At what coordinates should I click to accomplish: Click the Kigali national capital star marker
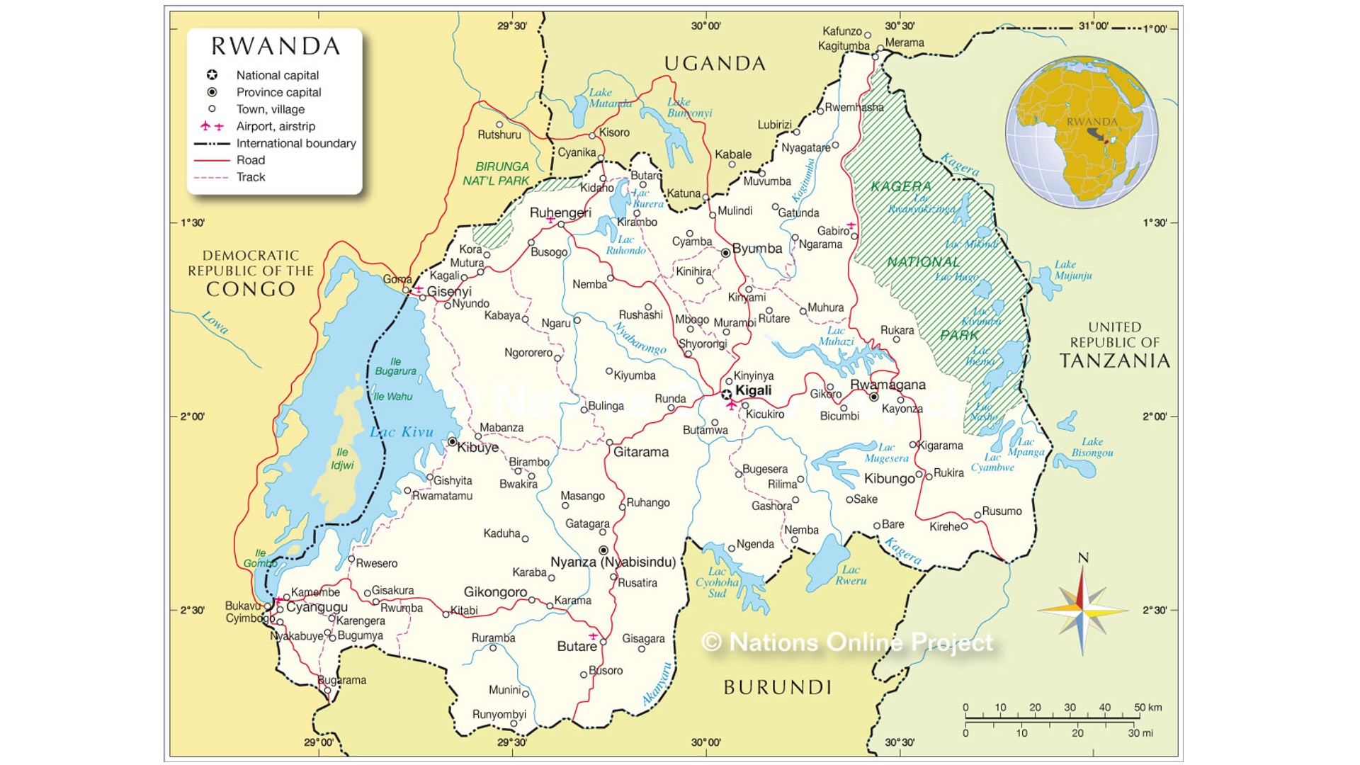pyautogui.click(x=726, y=395)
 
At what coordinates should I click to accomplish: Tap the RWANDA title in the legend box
pyautogui.click(x=276, y=47)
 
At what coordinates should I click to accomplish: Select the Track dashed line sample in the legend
pyautogui.click(x=211, y=178)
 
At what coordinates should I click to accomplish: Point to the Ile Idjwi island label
pyautogui.click(x=342, y=458)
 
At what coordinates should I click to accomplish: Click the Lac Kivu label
pyautogui.click(x=402, y=432)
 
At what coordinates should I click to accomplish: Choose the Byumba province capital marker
pyautogui.click(x=726, y=253)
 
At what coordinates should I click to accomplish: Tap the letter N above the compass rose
pyautogui.click(x=1083, y=558)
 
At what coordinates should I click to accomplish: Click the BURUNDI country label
pyautogui.click(x=777, y=687)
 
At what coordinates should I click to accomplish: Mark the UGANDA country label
pyautogui.click(x=715, y=64)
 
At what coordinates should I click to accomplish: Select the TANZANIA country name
pyautogui.click(x=1114, y=361)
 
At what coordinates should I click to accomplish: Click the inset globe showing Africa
pyautogui.click(x=1082, y=132)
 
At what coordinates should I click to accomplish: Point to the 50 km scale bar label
pyautogui.click(x=1147, y=708)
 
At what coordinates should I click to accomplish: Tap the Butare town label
pyautogui.click(x=577, y=647)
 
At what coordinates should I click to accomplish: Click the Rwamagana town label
pyautogui.click(x=888, y=385)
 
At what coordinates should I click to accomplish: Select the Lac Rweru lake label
pyautogui.click(x=851, y=575)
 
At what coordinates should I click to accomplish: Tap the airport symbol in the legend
pyautogui.click(x=211, y=126)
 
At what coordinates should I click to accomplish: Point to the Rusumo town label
pyautogui.click(x=1002, y=511)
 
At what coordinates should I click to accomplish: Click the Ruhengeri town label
pyautogui.click(x=560, y=213)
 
